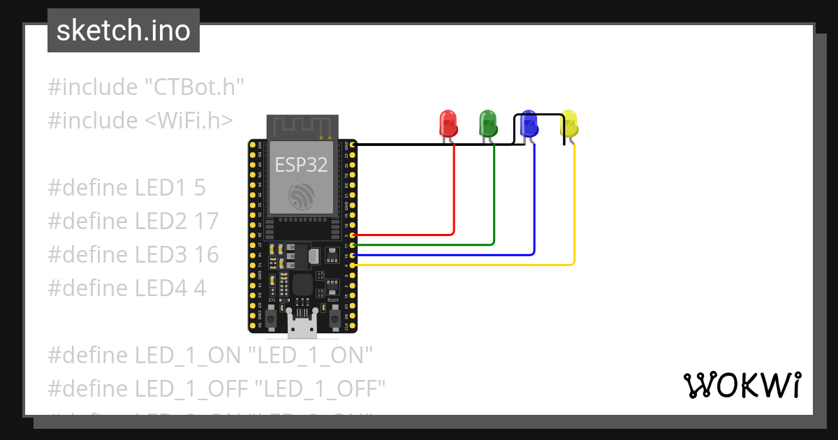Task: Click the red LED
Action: pos(448,124)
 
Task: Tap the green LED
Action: pos(487,124)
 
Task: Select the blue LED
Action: pos(529,124)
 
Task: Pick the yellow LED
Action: pos(570,124)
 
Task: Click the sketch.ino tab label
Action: pos(124,31)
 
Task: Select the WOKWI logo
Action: pos(741,385)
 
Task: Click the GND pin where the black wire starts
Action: pos(353,145)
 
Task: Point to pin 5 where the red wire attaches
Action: pos(353,235)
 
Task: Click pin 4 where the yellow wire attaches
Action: pos(353,265)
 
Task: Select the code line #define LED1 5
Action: pos(126,187)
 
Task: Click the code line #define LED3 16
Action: pos(133,254)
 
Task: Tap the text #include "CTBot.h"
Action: pos(145,87)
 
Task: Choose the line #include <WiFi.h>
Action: pos(140,120)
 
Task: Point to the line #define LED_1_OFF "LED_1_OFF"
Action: pos(216,388)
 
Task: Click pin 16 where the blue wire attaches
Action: pos(353,256)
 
